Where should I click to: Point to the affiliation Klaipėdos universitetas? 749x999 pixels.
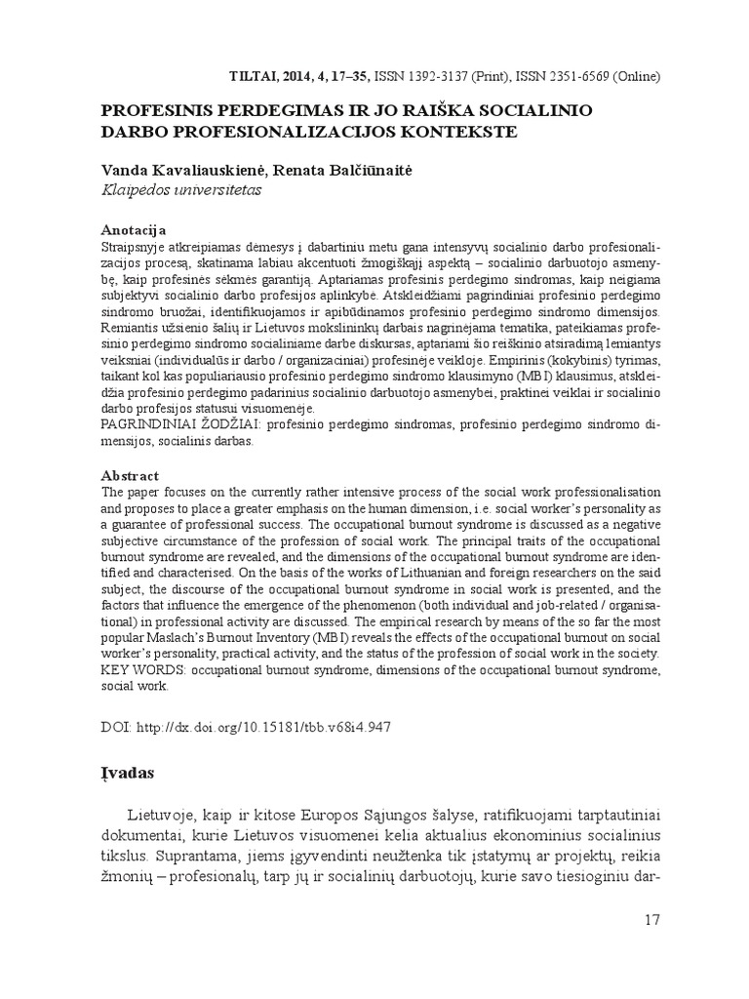pyautogui.click(x=182, y=189)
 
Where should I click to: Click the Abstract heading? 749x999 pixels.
pyautogui.click(x=127, y=475)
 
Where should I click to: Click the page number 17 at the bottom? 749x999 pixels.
pyautogui.click(x=652, y=920)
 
